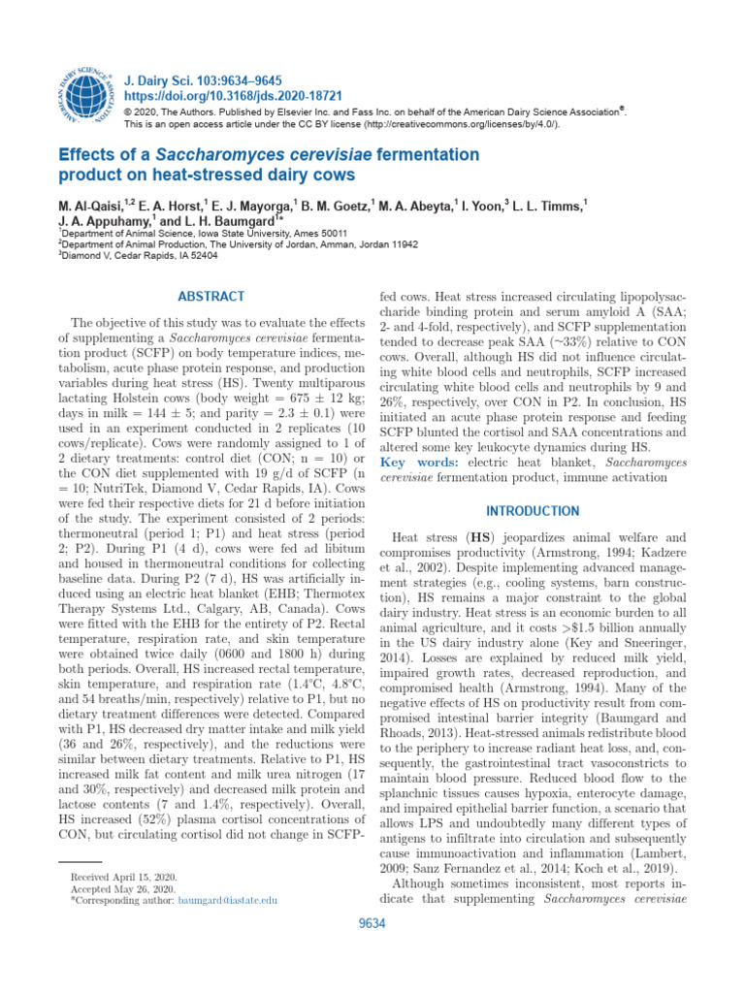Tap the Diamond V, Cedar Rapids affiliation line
click(x=142, y=257)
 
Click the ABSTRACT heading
click(x=211, y=297)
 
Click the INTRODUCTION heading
click(x=533, y=511)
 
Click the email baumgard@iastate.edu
click(x=228, y=900)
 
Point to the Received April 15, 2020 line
click(x=122, y=877)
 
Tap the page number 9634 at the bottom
click(x=372, y=924)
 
